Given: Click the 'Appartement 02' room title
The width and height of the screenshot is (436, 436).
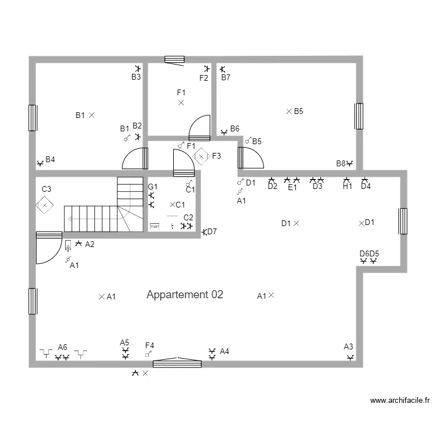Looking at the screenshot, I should pos(185,295).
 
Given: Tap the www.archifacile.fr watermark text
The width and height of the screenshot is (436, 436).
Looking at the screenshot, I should pos(401,401).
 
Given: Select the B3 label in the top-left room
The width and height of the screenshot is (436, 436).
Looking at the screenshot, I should pos(136,77).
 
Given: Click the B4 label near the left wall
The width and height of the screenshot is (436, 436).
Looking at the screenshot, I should pos(51,159).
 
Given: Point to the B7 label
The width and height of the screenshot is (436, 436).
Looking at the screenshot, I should pos(226,77).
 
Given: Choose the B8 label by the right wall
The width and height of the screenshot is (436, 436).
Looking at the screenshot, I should pos(341,163).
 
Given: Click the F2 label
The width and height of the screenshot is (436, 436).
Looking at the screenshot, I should pos(203,78).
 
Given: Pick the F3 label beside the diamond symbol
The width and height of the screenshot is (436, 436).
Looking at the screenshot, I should pos(216,156).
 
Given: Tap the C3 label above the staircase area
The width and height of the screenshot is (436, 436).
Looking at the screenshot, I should pos(46,189).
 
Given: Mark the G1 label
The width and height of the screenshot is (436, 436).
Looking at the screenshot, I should pos(152,187).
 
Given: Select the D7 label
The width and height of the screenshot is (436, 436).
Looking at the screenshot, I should pos(212,231).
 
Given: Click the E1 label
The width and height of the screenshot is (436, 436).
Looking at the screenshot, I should pos(292,187).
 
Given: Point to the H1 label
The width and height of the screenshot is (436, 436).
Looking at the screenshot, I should pos(347,187).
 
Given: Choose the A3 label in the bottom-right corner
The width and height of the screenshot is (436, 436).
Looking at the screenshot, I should pos(348,346).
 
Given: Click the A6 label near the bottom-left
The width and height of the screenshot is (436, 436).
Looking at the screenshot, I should pos(62,347).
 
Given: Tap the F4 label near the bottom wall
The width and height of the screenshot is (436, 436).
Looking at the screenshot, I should pos(150,345).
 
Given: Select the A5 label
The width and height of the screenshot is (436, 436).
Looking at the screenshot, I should pos(124,342).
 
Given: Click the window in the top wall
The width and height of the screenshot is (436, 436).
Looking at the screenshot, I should pos(174,59).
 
